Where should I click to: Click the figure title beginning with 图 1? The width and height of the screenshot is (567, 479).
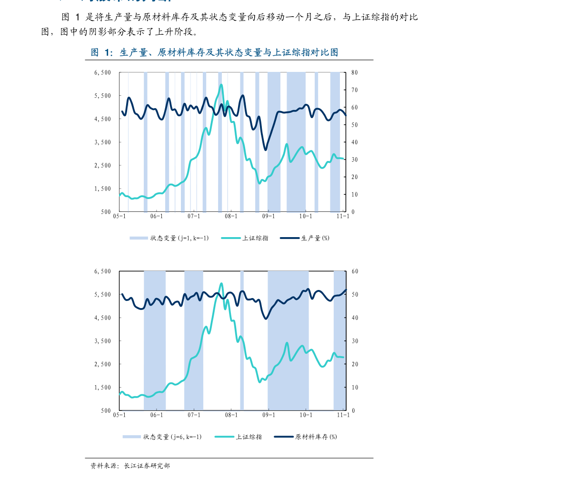click(214, 52)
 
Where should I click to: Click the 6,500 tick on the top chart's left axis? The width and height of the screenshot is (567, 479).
click(102, 73)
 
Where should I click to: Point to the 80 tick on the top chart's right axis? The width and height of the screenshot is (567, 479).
click(355, 73)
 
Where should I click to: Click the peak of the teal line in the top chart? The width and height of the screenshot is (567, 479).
click(221, 85)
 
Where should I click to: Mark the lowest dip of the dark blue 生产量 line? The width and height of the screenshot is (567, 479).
click(266, 150)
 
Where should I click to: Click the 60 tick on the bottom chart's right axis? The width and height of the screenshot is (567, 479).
click(355, 271)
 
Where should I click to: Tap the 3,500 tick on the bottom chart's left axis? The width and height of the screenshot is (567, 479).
click(102, 341)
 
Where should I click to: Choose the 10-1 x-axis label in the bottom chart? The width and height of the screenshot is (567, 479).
click(306, 415)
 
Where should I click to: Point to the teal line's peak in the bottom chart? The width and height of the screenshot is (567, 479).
click(221, 283)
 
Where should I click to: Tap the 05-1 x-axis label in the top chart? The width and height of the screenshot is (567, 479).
click(119, 216)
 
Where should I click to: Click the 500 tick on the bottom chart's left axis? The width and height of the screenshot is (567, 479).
click(105, 410)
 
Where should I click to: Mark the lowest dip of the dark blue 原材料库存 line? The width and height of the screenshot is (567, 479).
click(266, 318)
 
